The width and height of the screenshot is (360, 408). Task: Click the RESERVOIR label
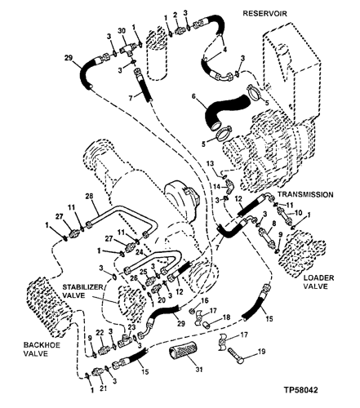[x=264, y=13]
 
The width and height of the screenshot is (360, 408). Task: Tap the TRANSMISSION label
[x=305, y=194]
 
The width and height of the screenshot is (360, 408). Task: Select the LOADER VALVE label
[x=318, y=282]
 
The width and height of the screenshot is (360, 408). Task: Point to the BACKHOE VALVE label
[x=42, y=349]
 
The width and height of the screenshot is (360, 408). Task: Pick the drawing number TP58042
[x=301, y=390]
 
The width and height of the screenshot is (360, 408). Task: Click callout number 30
[x=122, y=31]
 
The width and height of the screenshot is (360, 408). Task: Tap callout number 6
[x=193, y=97]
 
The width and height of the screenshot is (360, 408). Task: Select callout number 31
[x=199, y=370]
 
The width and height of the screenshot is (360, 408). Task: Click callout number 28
[x=89, y=196]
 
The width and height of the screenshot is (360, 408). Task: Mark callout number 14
[x=216, y=187]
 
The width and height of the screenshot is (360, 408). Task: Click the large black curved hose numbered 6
[x=227, y=112]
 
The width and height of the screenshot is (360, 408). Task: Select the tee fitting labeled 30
[x=129, y=51]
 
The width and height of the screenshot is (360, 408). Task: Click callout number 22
[x=100, y=332]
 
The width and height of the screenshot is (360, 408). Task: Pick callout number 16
[x=204, y=300]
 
